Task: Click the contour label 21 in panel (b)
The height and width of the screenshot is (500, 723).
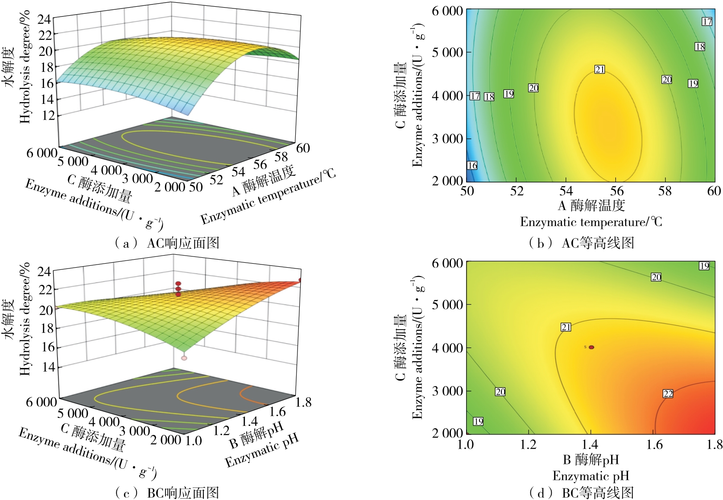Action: pos(599,69)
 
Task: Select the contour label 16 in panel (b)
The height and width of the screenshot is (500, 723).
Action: pos(472,165)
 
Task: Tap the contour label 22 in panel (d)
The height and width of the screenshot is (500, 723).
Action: pos(668,393)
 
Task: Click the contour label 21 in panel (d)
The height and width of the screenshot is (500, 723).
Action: pos(566,327)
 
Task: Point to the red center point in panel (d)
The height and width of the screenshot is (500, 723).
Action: pos(591,347)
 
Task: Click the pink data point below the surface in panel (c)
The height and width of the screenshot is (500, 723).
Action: pos(184,358)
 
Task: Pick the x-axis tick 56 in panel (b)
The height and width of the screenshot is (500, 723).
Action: pos(617,191)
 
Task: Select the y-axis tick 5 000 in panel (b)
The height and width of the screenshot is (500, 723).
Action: pos(447,52)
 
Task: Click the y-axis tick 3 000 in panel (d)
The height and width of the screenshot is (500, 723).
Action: pos(447,391)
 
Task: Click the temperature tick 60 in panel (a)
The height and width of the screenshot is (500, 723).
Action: pos(303,148)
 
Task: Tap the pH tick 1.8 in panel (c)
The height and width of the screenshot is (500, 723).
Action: pos(303,402)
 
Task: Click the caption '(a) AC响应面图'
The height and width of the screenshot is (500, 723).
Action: pos(167,243)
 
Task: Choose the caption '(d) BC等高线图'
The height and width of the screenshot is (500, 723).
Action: pos(581,493)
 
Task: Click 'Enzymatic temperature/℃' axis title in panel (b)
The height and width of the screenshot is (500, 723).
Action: pos(591,222)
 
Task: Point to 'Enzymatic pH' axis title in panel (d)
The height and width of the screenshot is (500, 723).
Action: pos(591,475)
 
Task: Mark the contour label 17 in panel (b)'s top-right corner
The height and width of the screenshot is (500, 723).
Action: pos(707,21)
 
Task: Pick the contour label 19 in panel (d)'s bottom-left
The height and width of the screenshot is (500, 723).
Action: pos(478,421)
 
